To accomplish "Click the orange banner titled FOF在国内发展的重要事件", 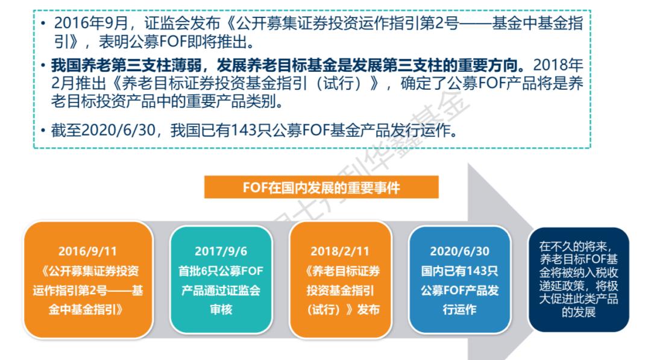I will (x=321, y=188).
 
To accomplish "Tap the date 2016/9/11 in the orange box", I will (x=88, y=251).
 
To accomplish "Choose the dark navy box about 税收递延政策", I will (x=577, y=279).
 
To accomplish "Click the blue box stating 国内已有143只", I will (x=459, y=279).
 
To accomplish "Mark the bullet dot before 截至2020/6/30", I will (x=43, y=131).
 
